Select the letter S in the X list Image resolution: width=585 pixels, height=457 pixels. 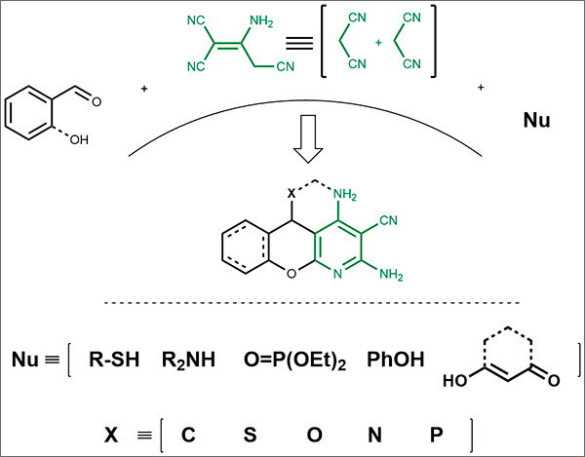click(249, 430)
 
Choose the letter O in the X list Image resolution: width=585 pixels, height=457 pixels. click(312, 430)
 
